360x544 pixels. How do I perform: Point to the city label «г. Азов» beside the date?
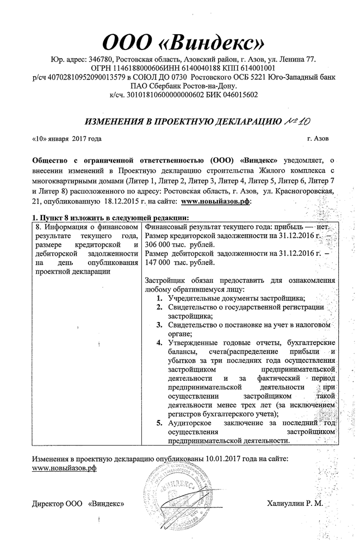[x=317, y=139]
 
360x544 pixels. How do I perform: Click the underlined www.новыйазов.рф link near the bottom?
[x=64, y=468]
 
